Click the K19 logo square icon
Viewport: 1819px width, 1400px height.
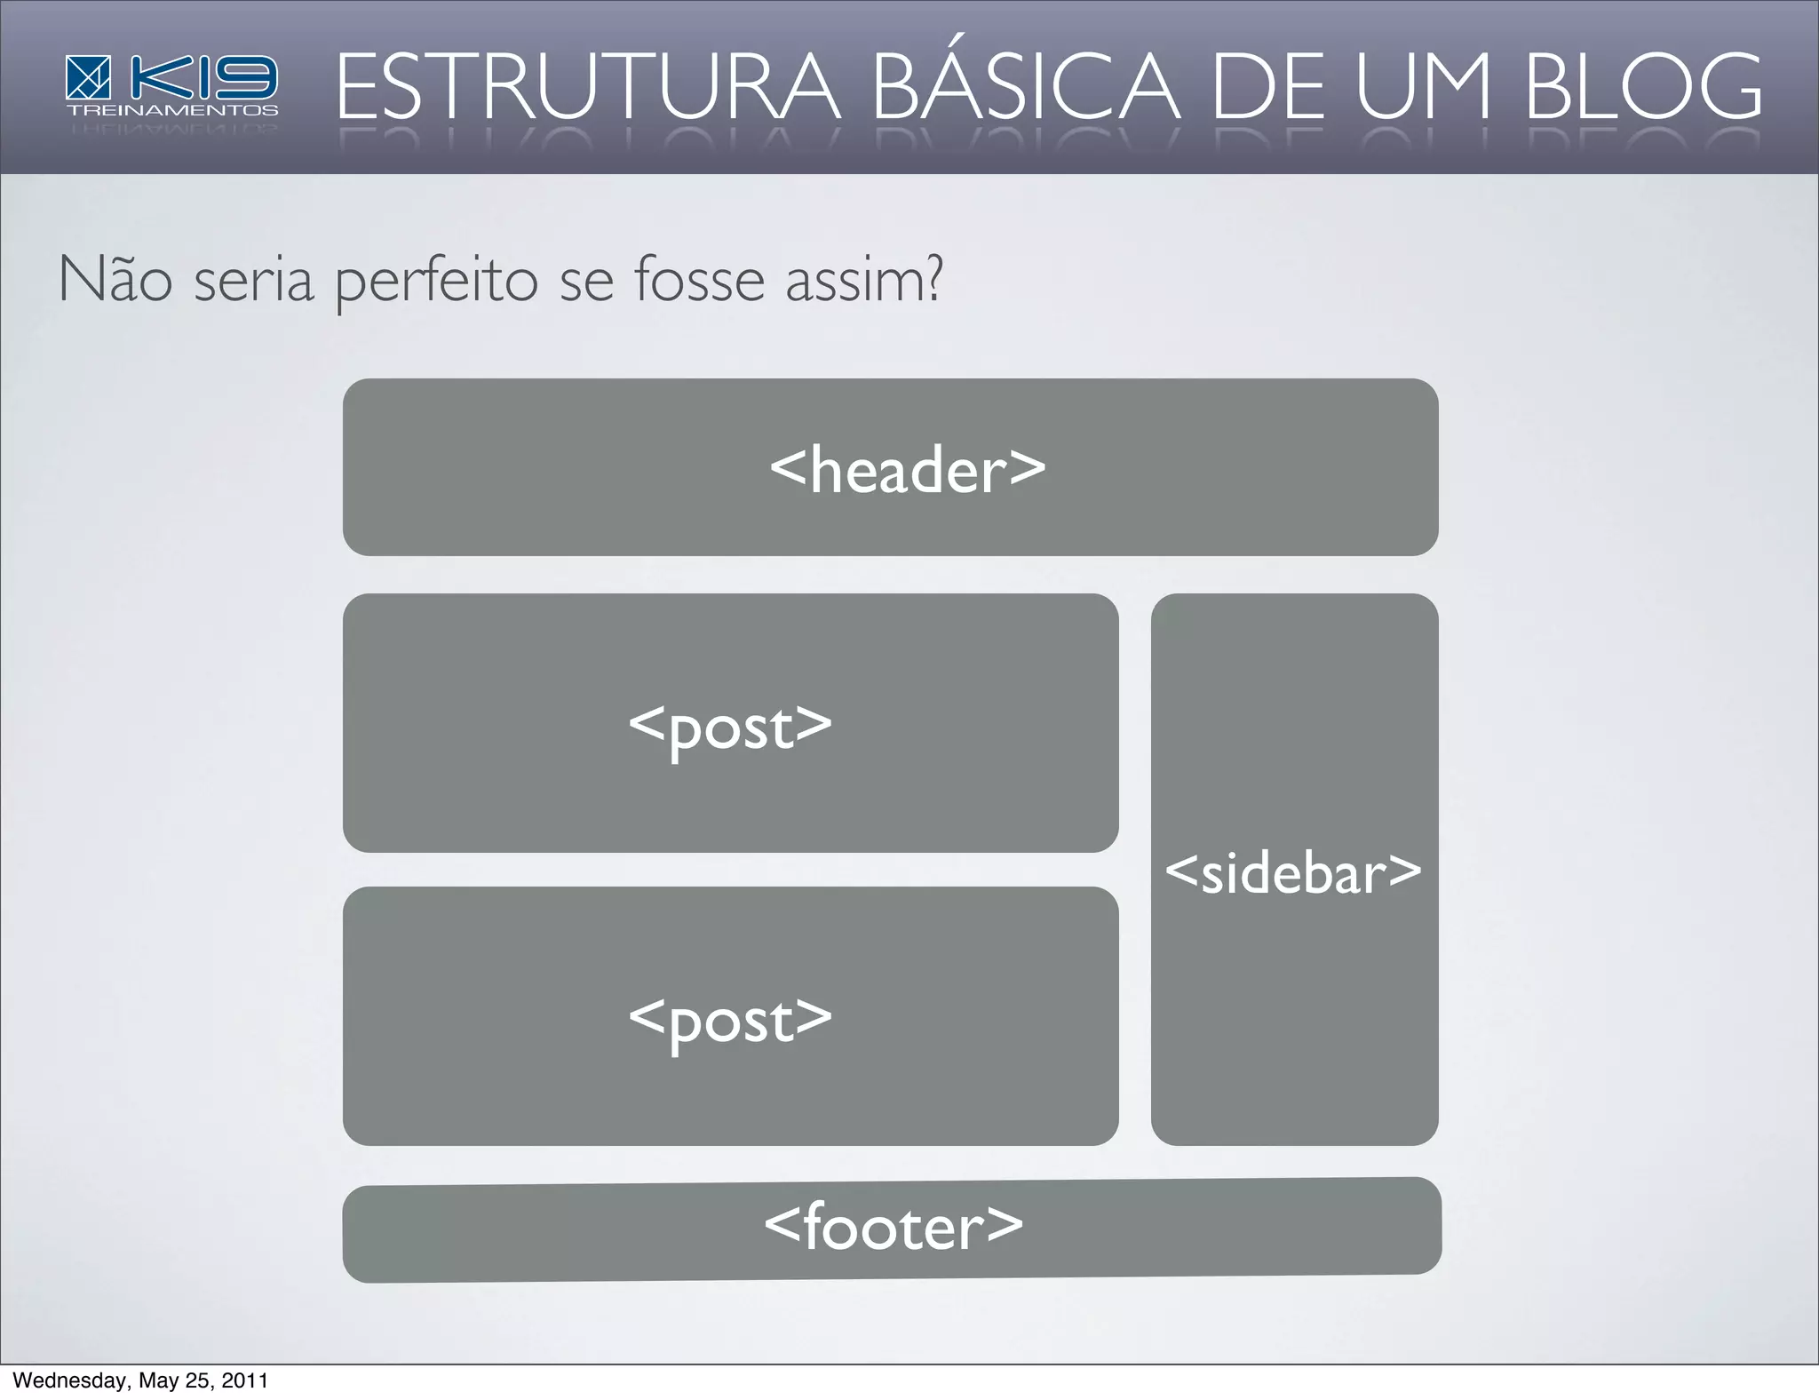[88, 77]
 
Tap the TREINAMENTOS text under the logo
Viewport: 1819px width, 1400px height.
[172, 111]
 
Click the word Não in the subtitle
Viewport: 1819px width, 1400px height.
[115, 280]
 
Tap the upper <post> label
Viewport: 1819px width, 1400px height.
[730, 728]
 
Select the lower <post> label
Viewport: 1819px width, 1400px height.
[730, 1021]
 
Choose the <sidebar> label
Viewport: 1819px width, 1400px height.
[1293, 872]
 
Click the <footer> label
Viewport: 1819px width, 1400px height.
[894, 1227]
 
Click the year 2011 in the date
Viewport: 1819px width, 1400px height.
[244, 1380]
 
